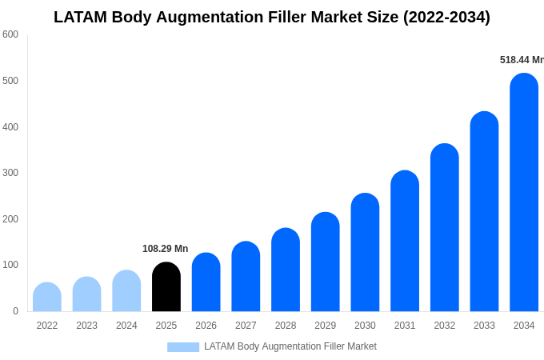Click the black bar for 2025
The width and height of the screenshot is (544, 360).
tap(166, 287)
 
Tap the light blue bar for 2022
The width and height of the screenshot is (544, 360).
tap(47, 298)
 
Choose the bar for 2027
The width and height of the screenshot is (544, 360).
tap(246, 277)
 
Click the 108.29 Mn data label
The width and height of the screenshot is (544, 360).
tap(165, 249)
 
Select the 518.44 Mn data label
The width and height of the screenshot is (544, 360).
tap(521, 60)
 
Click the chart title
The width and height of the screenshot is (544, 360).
tap(272, 17)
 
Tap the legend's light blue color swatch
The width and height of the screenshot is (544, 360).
tap(182, 347)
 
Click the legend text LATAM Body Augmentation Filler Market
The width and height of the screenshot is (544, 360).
tap(290, 346)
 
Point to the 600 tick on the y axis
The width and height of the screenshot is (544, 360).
tap(10, 34)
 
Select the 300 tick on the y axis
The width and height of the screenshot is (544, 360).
tap(10, 173)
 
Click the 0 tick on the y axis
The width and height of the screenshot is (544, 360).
tap(15, 311)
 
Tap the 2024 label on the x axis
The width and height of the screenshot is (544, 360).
tap(126, 326)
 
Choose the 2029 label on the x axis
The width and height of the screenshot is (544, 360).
tap(325, 326)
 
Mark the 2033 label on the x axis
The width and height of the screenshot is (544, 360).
tap(484, 326)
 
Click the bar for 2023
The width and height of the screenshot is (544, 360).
tap(87, 294)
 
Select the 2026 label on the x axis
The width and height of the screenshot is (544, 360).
tap(206, 326)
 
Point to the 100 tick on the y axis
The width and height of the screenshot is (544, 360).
tap(10, 265)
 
